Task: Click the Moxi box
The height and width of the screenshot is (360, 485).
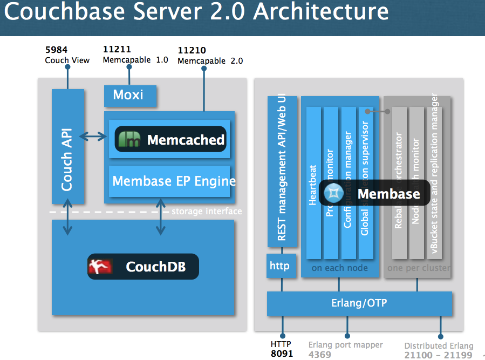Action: (x=130, y=96)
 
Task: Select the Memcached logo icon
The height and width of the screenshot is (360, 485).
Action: (x=129, y=140)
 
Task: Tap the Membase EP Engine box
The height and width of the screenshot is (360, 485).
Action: (x=173, y=181)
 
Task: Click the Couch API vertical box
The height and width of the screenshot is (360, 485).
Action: (x=67, y=146)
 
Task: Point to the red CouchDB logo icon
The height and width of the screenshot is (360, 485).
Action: (x=100, y=266)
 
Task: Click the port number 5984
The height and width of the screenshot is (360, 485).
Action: (x=56, y=50)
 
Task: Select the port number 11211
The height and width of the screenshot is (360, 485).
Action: (x=117, y=50)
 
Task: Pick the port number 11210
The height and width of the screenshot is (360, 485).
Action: (x=192, y=51)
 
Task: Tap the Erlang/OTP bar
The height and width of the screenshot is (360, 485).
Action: (x=359, y=303)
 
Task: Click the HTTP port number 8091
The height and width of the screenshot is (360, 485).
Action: (x=281, y=354)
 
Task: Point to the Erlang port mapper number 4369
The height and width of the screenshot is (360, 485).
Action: (x=320, y=355)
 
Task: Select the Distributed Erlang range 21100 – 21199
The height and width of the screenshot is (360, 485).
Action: (x=438, y=355)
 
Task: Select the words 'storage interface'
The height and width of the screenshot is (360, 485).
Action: (x=207, y=211)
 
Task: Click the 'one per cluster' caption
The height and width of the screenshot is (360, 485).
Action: (x=418, y=268)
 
